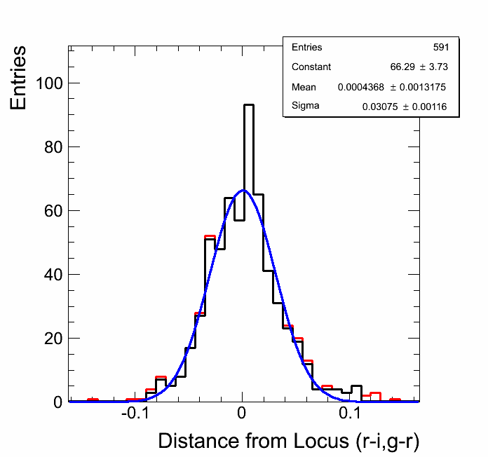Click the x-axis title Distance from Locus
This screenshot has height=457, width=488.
coord(288,441)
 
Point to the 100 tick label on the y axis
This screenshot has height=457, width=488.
coord(48,83)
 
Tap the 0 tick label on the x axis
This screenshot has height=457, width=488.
coord(242,415)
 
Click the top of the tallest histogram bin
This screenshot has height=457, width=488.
coord(249,105)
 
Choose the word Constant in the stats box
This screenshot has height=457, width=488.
coord(311,67)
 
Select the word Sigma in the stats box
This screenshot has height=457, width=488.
coord(305,107)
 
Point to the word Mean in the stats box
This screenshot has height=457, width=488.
coord(304,87)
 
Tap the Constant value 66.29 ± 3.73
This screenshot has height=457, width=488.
coord(419,67)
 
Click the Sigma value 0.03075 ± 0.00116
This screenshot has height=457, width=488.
coord(405,107)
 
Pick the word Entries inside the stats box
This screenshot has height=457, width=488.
coord(306,48)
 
